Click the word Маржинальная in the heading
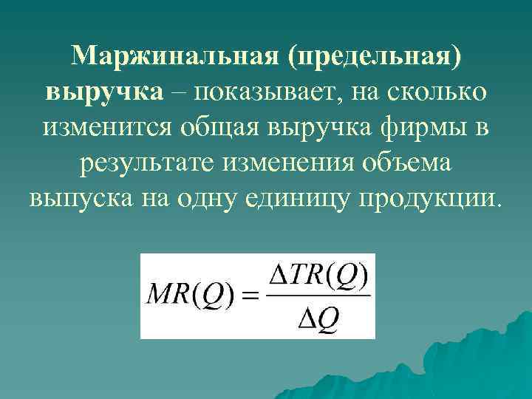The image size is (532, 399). [x=174, y=56]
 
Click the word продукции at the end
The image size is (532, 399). [x=432, y=197]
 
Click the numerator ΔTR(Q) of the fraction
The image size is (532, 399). [x=317, y=279]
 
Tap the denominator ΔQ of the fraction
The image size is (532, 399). [x=317, y=318]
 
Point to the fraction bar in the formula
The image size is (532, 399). [x=317, y=297]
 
